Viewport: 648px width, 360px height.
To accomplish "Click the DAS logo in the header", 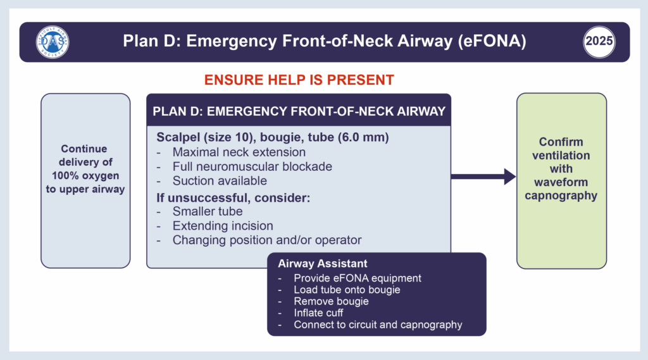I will click(53, 42).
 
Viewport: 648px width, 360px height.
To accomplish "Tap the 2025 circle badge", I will click(599, 42).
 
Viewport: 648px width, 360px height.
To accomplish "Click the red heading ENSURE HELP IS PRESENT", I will click(299, 80).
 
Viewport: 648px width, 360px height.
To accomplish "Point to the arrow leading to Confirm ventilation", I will click(483, 177).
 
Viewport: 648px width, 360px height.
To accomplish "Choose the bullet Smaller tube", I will click(207, 211).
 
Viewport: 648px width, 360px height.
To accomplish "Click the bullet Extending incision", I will click(223, 226).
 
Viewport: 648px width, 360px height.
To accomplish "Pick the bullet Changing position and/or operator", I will click(267, 240).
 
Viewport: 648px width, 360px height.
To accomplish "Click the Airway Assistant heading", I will click(323, 264).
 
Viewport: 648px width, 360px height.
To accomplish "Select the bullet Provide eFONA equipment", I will click(358, 278).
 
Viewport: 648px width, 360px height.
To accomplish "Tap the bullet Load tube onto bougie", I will click(347, 290).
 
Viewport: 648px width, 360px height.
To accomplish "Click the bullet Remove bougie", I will click(331, 302).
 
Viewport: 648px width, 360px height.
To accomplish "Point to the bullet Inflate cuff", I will click(321, 313).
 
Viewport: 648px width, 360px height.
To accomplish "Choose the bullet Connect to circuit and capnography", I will click(378, 325).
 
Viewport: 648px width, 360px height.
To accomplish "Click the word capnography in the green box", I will click(561, 196).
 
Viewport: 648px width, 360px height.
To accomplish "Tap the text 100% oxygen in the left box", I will click(85, 175).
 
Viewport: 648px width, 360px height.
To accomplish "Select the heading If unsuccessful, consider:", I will click(233, 197).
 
